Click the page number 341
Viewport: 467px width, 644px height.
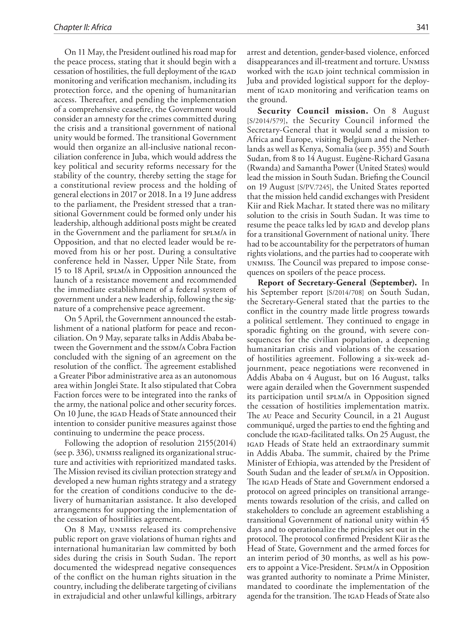tap(422, 27)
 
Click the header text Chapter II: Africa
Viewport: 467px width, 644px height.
tap(83, 27)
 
